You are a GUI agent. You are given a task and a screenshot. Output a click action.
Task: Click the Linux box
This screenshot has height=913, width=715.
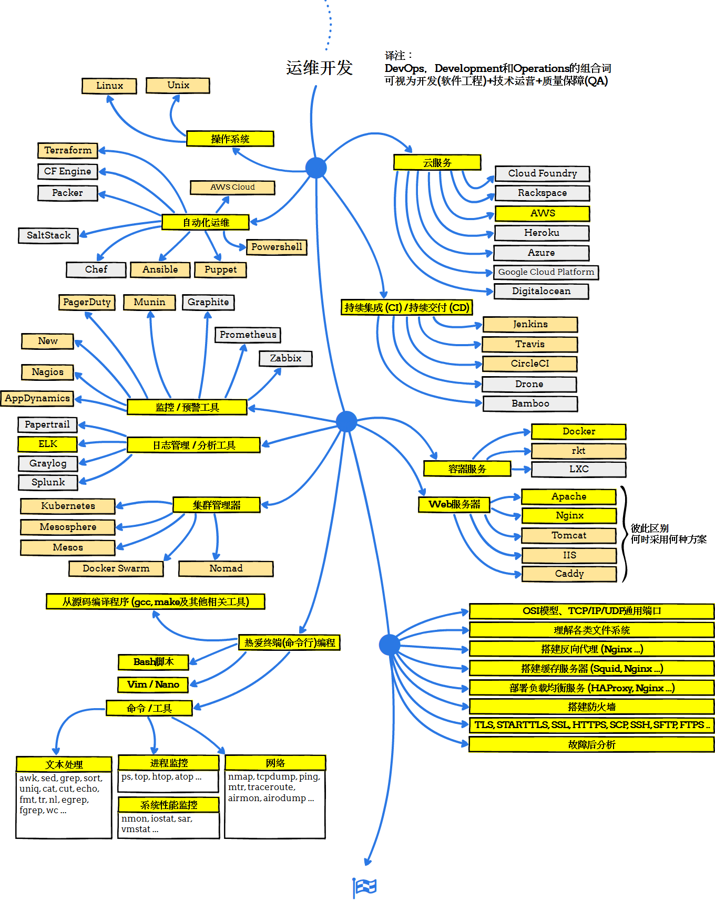pos(109,86)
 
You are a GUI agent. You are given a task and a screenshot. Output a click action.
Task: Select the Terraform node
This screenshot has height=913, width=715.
pos(68,150)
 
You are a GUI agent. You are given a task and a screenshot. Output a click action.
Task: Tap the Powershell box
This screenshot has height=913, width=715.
pos(277,247)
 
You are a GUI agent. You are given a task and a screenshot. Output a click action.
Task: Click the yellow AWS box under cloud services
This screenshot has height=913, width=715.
pos(542,213)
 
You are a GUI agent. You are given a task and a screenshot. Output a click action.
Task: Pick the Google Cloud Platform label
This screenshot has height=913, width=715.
pos(546,272)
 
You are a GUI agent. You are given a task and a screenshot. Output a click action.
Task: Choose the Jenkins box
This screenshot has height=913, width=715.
pos(530,324)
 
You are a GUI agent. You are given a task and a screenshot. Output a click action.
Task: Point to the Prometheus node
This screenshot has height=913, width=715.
pos(248,335)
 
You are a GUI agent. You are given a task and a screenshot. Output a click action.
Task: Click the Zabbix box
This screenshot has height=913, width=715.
pos(285,358)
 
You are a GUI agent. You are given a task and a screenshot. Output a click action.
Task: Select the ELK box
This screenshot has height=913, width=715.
pos(48,444)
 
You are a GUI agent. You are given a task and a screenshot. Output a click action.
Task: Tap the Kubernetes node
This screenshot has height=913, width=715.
pos(68,506)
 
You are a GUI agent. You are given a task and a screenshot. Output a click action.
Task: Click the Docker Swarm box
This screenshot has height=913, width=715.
pos(116,568)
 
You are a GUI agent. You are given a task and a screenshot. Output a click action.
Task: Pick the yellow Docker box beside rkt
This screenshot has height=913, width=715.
pos(578,431)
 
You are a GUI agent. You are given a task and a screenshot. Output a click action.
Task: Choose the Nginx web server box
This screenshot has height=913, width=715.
pos(569,515)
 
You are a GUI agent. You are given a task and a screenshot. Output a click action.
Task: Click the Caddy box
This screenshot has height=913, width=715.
pos(569,574)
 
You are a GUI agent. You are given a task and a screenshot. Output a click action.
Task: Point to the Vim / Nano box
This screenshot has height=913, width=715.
pos(153,684)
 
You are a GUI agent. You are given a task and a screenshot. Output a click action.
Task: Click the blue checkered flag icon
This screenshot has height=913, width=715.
pos(365,887)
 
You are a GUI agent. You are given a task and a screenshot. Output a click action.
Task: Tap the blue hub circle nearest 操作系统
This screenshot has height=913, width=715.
pos(316,168)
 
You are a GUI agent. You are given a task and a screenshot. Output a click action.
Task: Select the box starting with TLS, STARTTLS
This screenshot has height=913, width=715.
pos(591,725)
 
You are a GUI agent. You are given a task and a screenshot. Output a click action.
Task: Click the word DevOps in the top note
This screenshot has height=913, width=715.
pos(404,68)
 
